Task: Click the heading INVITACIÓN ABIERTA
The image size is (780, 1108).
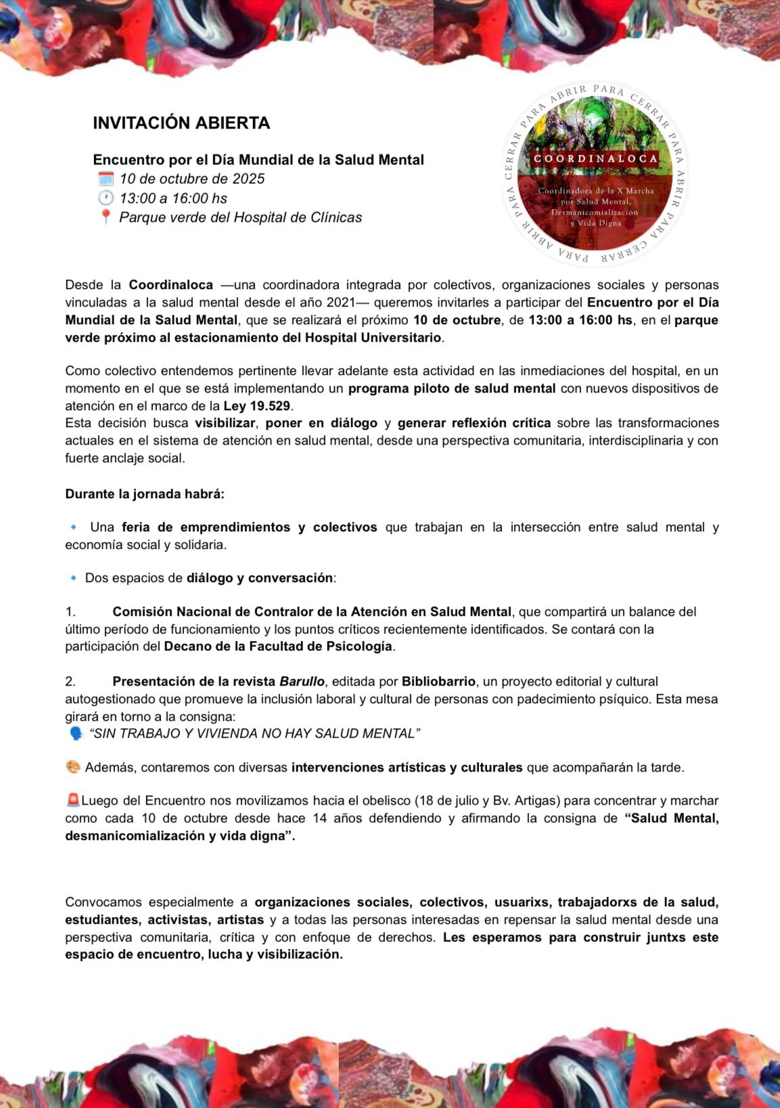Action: point(181,123)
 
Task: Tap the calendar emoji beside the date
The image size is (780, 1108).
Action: point(106,179)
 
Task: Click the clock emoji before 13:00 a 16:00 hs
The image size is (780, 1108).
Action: point(106,198)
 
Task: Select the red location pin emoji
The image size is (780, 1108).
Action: point(106,217)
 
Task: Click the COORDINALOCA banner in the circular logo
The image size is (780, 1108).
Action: point(595,159)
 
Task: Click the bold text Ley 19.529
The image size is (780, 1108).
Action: point(257,406)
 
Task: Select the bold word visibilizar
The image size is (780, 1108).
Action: point(225,423)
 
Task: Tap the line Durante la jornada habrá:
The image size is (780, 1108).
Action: point(145,493)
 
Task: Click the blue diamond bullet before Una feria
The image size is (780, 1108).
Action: point(74,527)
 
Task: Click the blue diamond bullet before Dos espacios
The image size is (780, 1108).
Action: point(74,578)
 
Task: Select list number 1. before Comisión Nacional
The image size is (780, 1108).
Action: point(70,612)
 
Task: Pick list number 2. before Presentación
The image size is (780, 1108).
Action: point(70,682)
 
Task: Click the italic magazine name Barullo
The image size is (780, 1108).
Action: point(302,682)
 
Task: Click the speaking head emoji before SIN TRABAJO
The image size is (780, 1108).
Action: point(76,734)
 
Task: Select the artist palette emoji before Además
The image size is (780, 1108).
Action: point(73,768)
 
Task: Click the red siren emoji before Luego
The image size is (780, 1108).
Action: point(73,801)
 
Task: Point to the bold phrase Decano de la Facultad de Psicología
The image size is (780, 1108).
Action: point(278,646)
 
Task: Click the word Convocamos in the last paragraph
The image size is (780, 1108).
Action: point(104,902)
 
